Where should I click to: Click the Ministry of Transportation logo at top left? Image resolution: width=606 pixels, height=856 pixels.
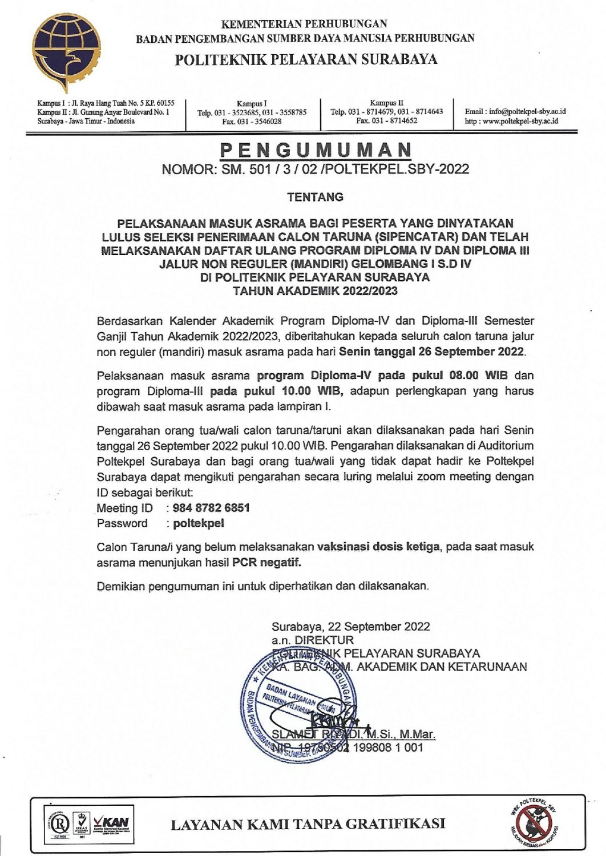[63, 51]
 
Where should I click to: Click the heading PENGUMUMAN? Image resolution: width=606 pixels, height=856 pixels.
[316, 150]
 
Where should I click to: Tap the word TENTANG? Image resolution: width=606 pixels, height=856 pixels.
[315, 197]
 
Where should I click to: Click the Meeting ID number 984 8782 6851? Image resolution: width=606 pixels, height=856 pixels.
[211, 508]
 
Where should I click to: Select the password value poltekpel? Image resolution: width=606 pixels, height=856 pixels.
[199, 523]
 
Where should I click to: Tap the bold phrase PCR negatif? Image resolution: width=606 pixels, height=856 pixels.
[266, 563]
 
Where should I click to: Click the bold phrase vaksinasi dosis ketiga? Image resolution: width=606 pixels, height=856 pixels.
[378, 547]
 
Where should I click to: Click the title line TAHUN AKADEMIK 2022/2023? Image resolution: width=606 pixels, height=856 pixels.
[315, 290]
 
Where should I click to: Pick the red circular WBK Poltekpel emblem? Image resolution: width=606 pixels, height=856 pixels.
[534, 823]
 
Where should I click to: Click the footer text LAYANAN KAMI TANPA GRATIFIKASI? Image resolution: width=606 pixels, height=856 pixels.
[308, 824]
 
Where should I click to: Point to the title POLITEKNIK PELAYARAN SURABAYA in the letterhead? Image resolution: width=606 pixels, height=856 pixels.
[306, 60]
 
